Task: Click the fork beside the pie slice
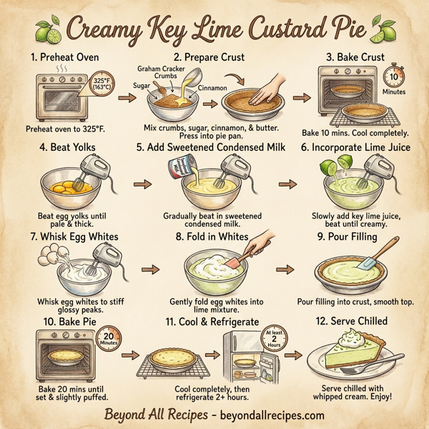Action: [365, 368]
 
